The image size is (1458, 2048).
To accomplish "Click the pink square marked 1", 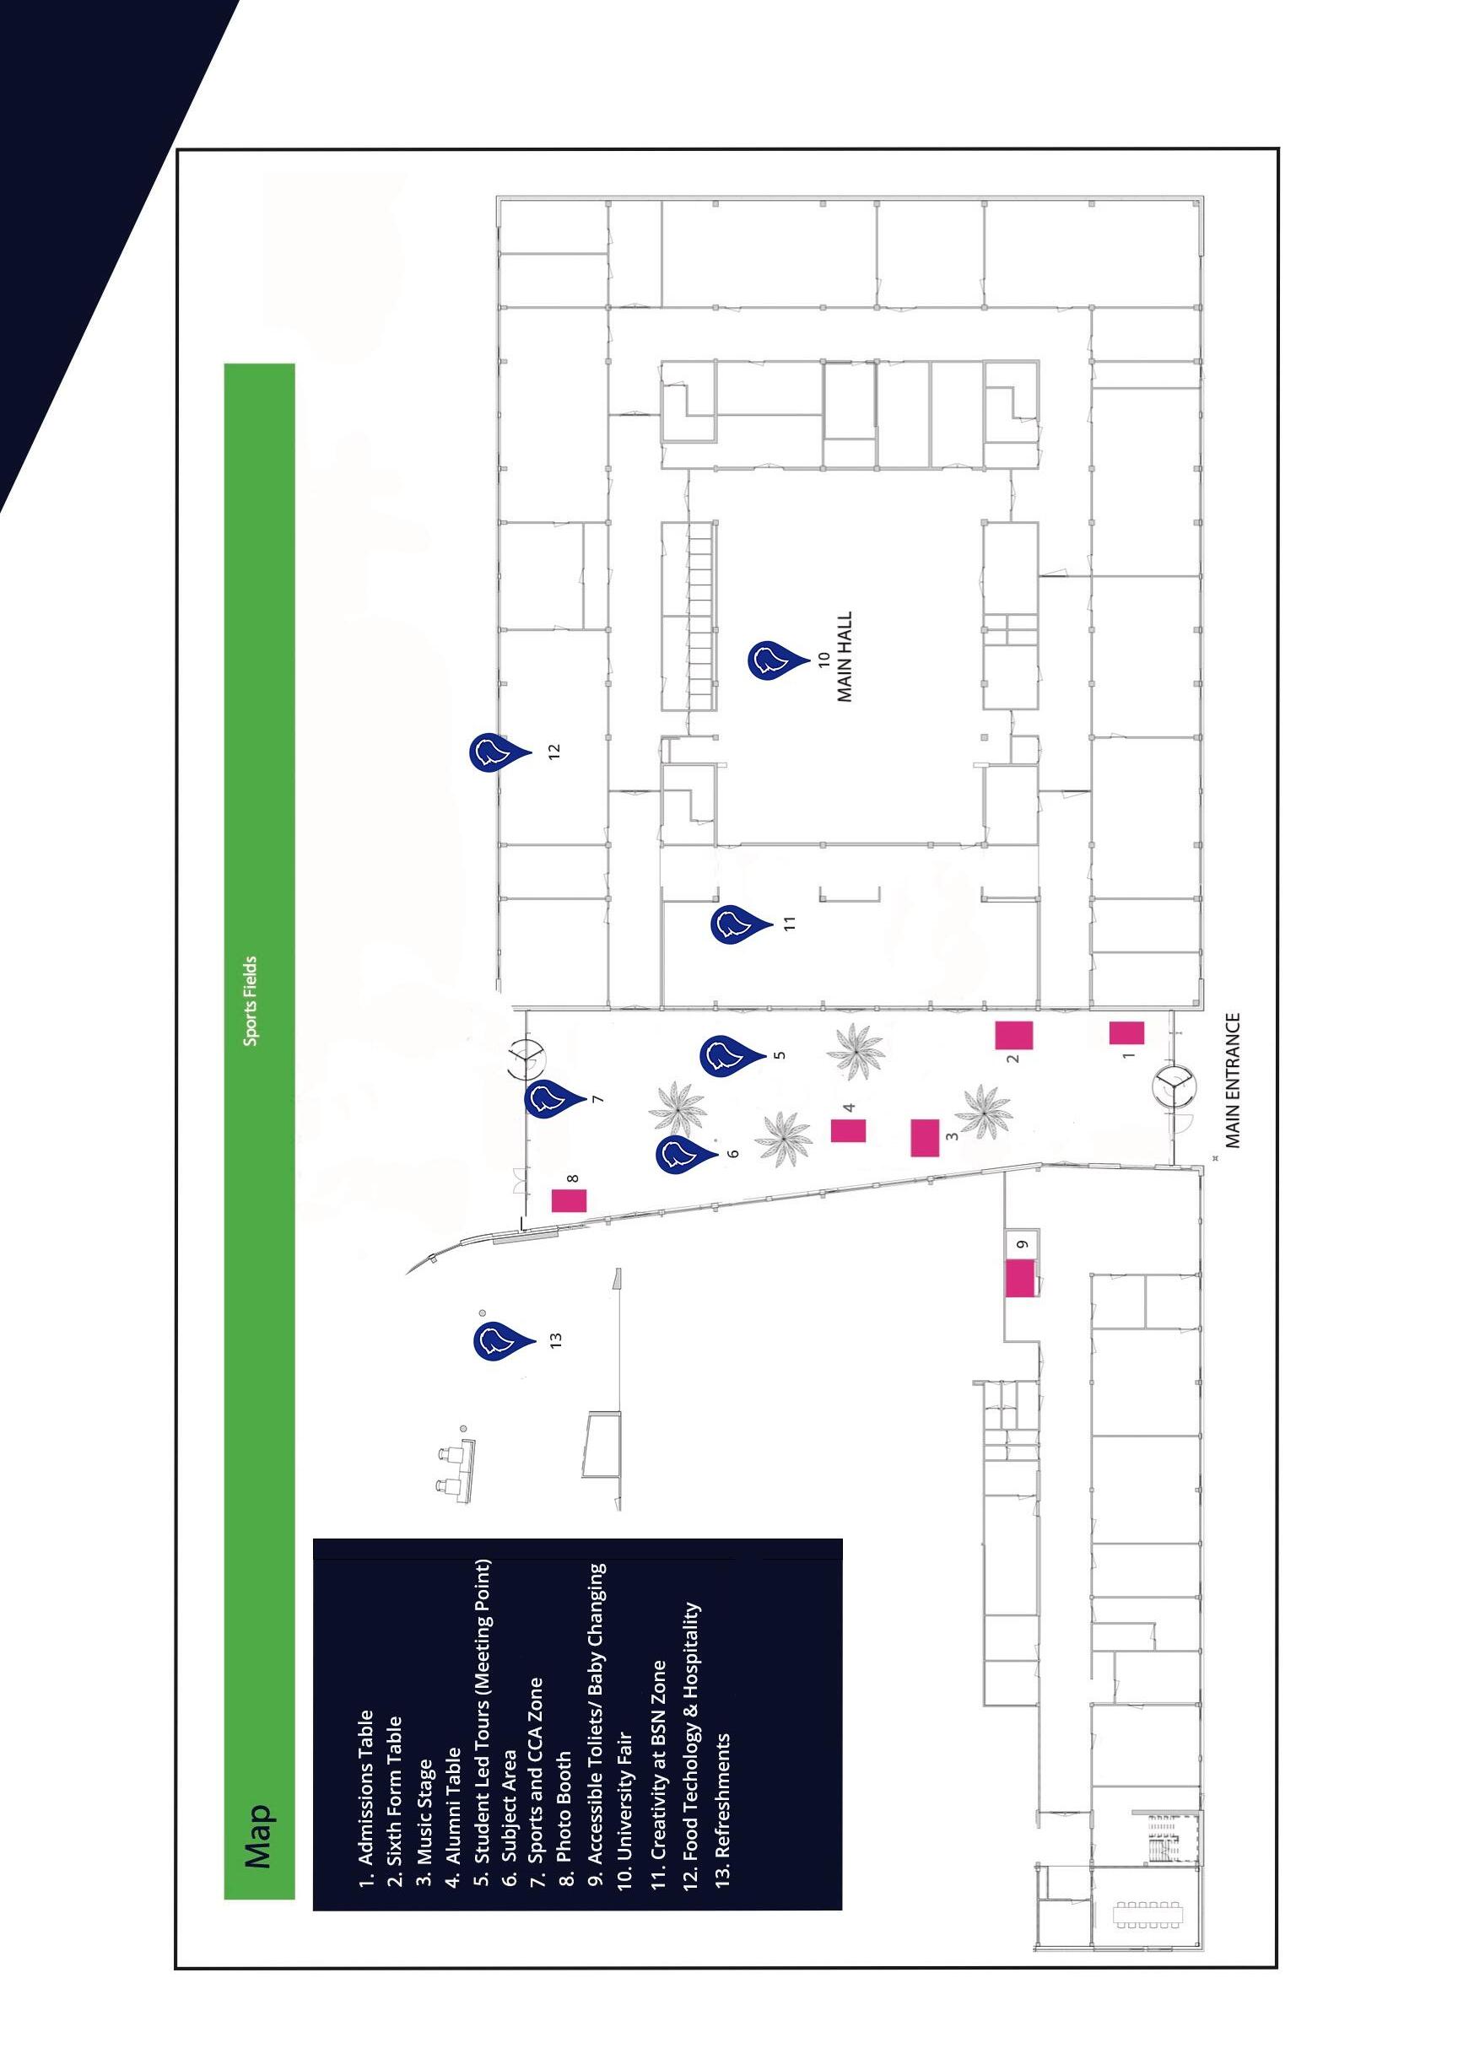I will pyautogui.click(x=1126, y=1033).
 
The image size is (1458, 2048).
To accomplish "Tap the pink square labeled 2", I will pyautogui.click(x=1013, y=1035).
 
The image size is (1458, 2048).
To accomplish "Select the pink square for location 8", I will pyautogui.click(x=570, y=1200).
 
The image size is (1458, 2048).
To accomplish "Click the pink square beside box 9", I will pyautogui.click(x=1020, y=1278).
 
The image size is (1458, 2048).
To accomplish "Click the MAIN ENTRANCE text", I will pyautogui.click(x=1232, y=1081).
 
